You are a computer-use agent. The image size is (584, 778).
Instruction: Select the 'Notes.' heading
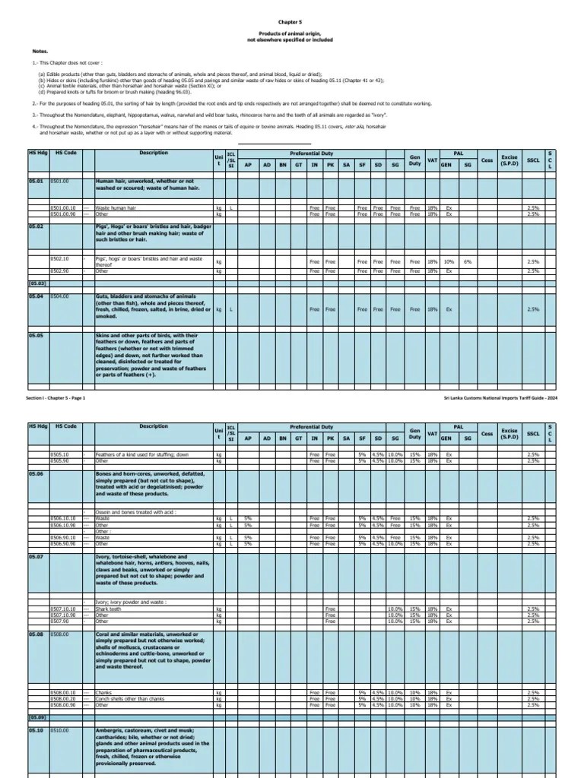point(40,52)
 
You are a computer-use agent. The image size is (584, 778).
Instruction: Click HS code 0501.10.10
point(64,207)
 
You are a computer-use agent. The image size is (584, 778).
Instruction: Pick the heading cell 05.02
point(36,226)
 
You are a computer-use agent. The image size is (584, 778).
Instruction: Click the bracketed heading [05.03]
point(37,283)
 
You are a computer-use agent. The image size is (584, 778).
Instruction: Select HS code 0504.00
point(60,296)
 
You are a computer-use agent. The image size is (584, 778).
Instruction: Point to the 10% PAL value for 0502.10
point(449,261)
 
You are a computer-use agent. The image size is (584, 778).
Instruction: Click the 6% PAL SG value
point(468,261)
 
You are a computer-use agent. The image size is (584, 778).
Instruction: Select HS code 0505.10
point(60,454)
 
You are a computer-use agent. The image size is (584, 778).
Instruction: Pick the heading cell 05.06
point(36,473)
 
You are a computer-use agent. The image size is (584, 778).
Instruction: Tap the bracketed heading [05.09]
point(37,717)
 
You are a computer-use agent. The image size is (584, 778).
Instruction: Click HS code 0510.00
point(60,730)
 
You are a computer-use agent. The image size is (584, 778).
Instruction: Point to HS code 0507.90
point(60,621)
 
